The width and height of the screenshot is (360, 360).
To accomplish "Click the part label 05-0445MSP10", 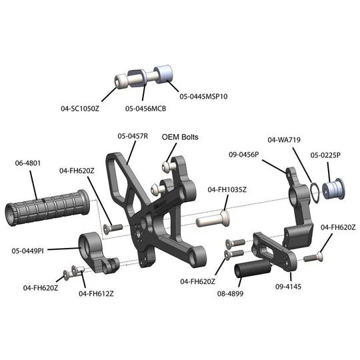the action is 203,96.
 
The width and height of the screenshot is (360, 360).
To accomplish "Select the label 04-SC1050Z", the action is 80,109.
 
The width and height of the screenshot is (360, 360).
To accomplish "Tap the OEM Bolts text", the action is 180,137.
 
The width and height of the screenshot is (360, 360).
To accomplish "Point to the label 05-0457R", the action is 133,136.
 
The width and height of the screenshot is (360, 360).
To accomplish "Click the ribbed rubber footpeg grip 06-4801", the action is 47,207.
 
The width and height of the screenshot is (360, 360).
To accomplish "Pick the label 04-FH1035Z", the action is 227,189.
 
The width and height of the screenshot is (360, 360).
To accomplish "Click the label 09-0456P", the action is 243,155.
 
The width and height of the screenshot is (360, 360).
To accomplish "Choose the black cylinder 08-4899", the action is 253,269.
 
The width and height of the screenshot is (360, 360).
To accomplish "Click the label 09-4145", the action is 288,287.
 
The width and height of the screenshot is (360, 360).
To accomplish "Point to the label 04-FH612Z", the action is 96,293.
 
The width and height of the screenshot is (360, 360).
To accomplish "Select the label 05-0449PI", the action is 27,251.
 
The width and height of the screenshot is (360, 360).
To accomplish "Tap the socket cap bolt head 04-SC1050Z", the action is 121,81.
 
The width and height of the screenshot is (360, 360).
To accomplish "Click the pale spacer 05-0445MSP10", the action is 163,74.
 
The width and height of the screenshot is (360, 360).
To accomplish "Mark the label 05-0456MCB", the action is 145,109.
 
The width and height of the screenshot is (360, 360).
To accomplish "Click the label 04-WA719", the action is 284,139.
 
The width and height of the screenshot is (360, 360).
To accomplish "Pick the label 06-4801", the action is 27,163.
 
